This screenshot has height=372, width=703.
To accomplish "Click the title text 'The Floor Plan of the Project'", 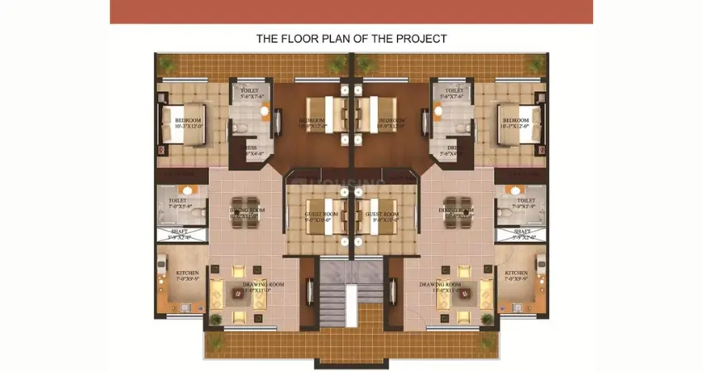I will tap(351, 38).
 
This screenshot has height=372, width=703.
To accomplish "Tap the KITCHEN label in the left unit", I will tap(187, 273).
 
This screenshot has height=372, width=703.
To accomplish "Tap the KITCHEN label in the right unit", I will tap(516, 273).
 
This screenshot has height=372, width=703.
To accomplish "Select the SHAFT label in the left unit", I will tap(179, 232).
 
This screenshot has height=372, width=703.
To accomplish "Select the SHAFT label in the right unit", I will tap(522, 232).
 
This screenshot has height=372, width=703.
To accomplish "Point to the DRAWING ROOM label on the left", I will tap(264, 285).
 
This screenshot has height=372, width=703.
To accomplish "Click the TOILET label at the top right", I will tap(454, 90).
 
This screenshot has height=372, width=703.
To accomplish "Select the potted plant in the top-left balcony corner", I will tap(165, 62).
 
